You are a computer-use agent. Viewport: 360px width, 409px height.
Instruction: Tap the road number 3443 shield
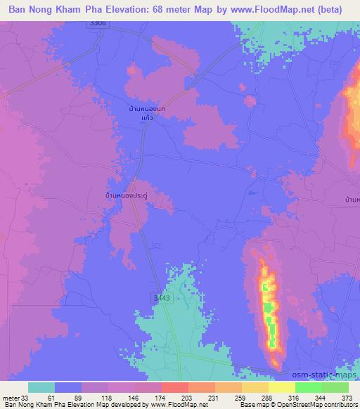(x=162, y=299)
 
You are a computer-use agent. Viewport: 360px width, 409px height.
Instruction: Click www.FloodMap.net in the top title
(x=276, y=10)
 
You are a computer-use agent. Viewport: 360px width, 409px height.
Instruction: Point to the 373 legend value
(x=347, y=397)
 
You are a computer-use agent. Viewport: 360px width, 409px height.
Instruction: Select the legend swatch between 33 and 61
(x=41, y=387)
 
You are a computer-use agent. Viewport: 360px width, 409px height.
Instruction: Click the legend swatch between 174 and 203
(x=175, y=387)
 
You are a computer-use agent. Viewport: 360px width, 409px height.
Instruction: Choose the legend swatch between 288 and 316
(x=282, y=387)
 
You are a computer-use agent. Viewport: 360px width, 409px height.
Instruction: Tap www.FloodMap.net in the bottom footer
(x=174, y=405)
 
